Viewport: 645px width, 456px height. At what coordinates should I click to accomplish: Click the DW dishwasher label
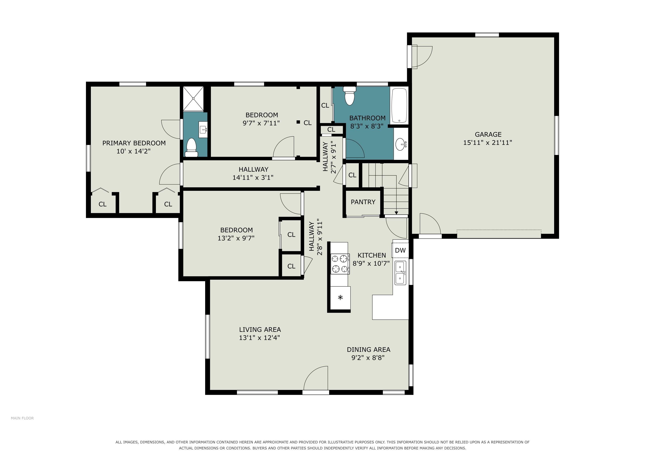(400, 250)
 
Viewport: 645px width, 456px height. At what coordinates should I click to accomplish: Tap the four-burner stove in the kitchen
(340, 264)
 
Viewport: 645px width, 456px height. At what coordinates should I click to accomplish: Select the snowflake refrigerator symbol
(340, 297)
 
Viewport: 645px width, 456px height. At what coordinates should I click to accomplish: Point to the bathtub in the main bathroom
(399, 106)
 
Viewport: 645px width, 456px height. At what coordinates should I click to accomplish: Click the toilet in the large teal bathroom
(349, 96)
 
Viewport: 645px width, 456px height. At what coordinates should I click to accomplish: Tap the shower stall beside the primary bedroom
(193, 99)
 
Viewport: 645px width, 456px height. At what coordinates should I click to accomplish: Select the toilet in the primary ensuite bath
(192, 147)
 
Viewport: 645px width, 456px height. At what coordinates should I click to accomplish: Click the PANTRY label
(363, 202)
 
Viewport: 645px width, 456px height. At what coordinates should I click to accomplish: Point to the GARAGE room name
(488, 134)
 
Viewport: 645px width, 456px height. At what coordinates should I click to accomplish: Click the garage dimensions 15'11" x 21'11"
(488, 143)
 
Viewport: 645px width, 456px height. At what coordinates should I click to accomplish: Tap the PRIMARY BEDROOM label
(134, 143)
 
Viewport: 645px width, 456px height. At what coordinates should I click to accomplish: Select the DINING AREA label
(368, 350)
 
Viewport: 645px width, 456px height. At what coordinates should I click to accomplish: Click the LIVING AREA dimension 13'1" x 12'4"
(259, 338)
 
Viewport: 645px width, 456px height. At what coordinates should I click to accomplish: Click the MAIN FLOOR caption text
(22, 418)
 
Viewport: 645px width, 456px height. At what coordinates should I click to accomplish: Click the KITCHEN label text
(372, 255)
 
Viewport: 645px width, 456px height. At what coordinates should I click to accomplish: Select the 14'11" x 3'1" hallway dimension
(253, 177)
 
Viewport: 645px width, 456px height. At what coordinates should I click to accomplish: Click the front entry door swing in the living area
(316, 378)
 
